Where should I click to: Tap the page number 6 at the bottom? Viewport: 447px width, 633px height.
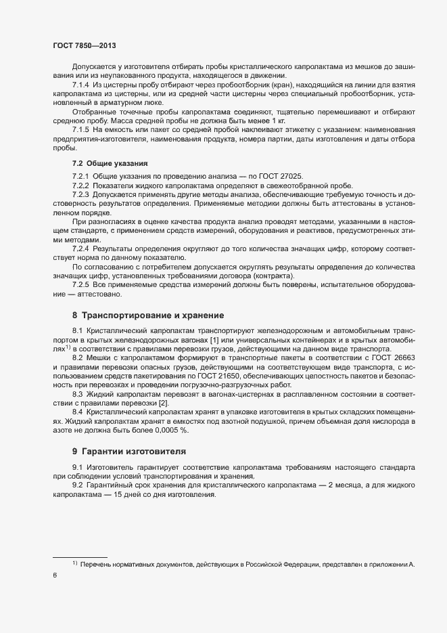(55, 575)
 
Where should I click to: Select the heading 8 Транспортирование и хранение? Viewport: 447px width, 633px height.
(149, 315)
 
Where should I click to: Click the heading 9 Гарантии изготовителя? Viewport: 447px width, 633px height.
(129, 450)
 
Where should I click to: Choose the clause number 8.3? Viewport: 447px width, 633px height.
(77, 393)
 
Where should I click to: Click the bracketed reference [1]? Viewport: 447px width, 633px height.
(214, 339)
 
